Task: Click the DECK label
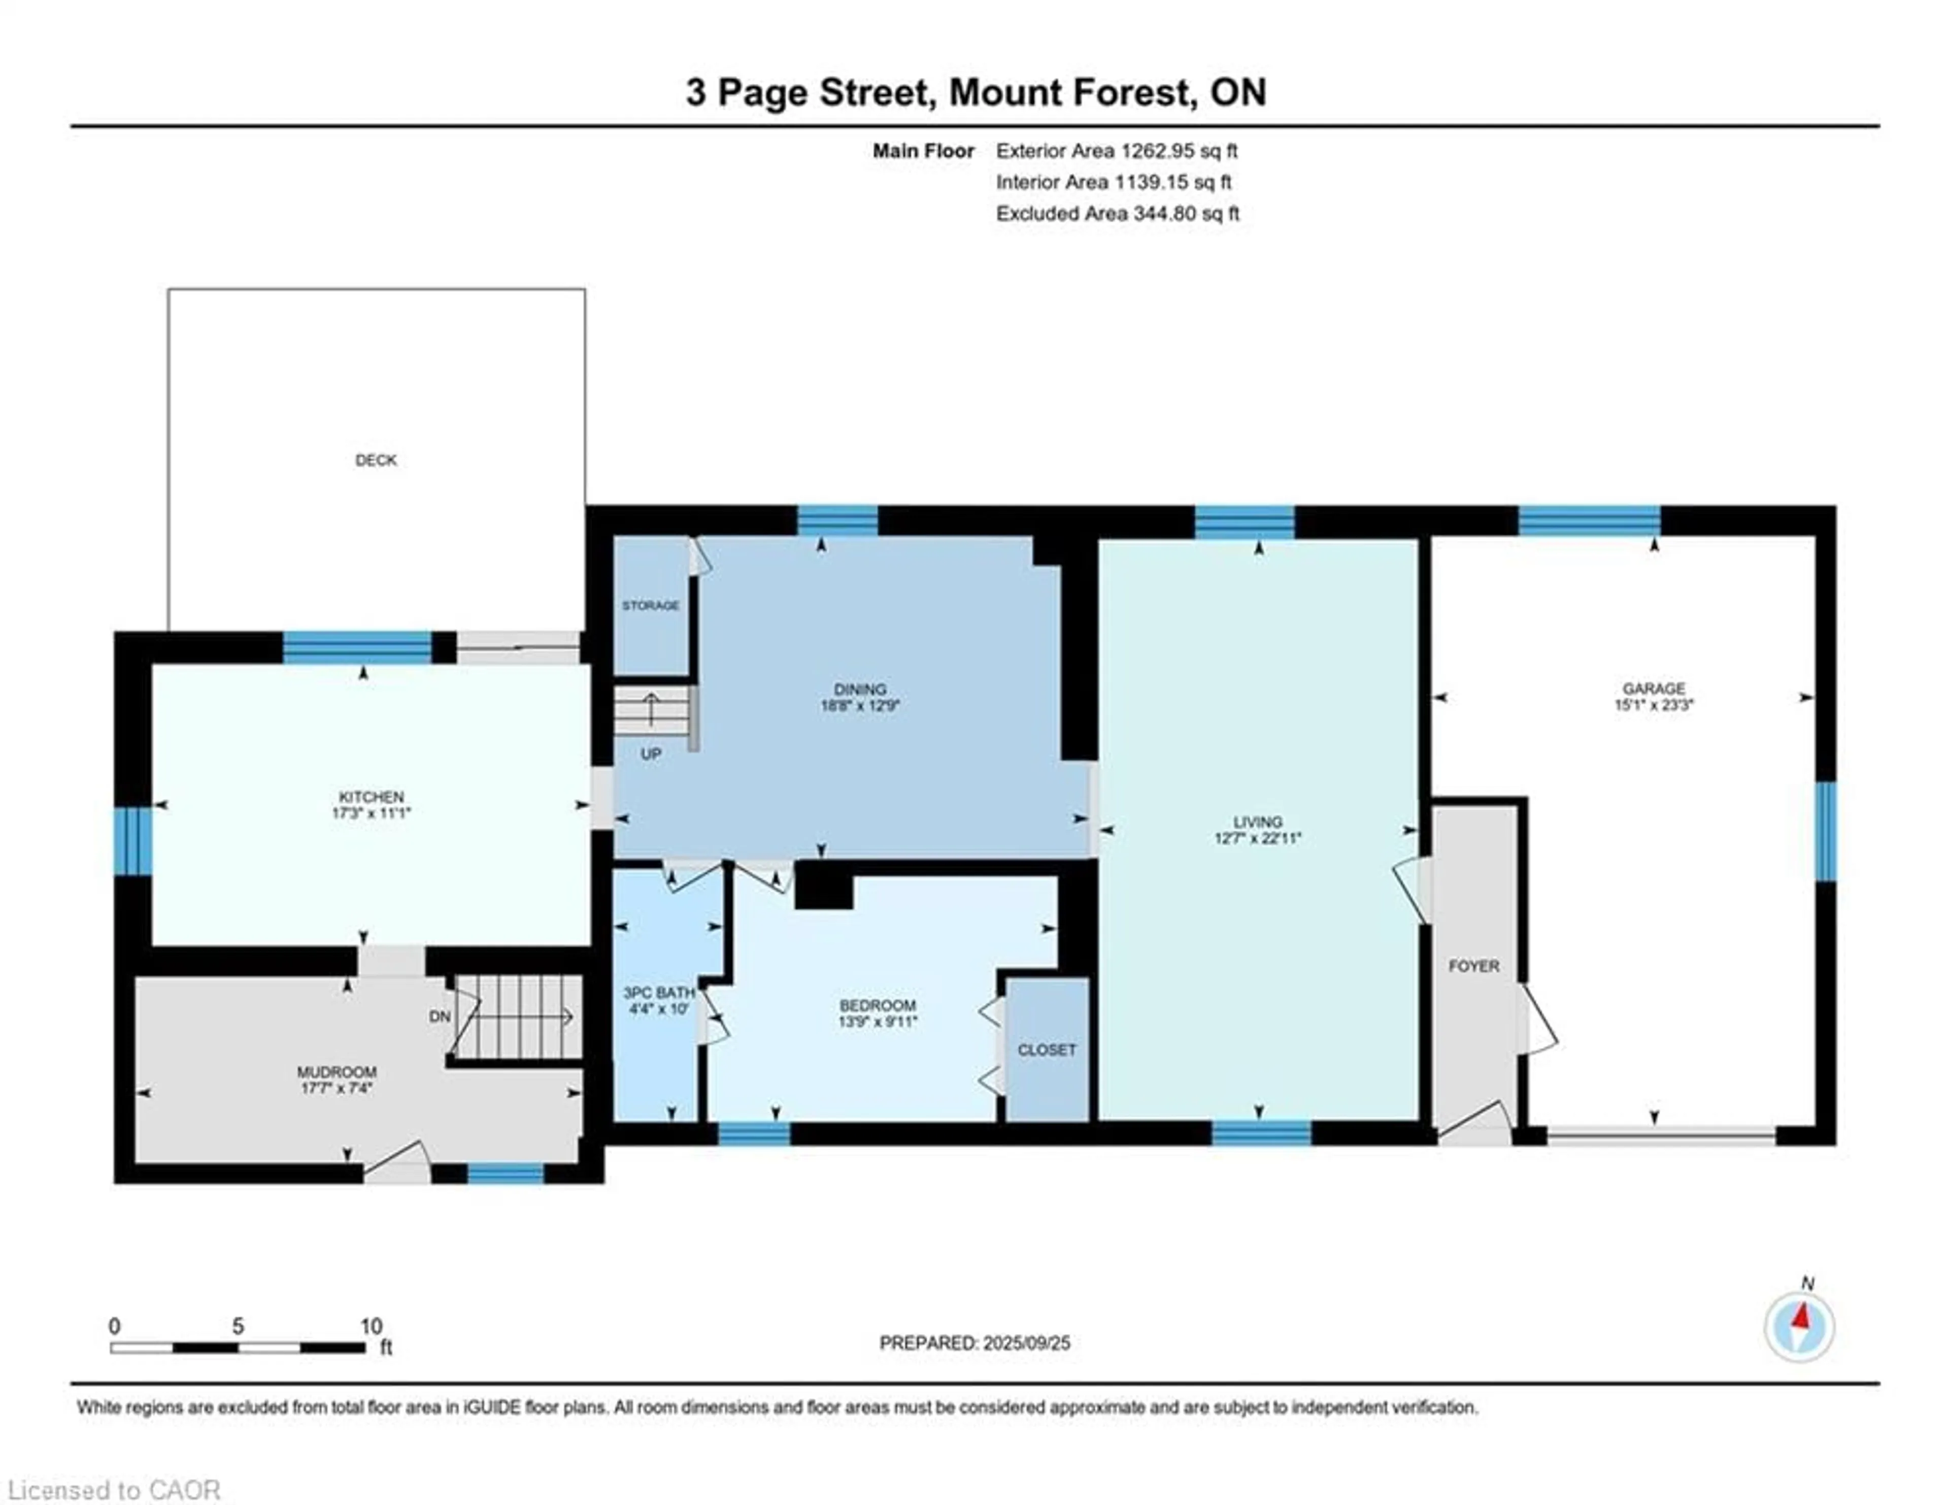pos(376,460)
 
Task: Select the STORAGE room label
pos(651,605)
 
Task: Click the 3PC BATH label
pos(659,993)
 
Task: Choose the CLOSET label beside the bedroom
pos(1047,1050)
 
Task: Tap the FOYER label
pos(1473,966)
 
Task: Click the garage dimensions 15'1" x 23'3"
pos(1654,704)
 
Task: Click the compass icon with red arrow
pos(1799,1327)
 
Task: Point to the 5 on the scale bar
pos(238,1326)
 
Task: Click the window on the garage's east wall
pos(1826,830)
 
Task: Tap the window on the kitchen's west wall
pos(132,841)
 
